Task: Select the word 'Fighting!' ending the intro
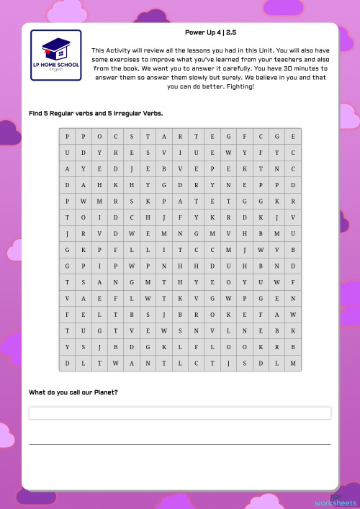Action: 239,86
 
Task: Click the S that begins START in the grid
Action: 132,136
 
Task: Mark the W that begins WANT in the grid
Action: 116,363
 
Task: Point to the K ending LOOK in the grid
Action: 261,346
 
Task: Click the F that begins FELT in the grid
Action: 67,314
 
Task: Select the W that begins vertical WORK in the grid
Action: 84,201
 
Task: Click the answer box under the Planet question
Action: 179,413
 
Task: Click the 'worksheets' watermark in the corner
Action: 336,502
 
